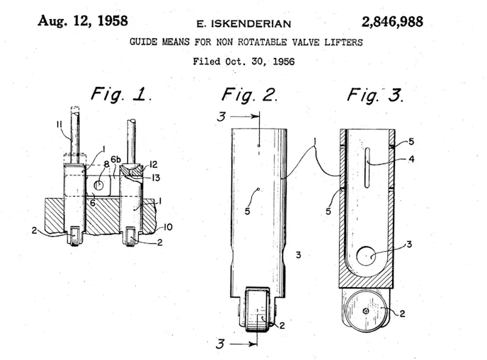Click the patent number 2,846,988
pos(382,21)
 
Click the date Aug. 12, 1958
pos(83,21)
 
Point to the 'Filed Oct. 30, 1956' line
pos(243,61)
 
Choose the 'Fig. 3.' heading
pos(374,95)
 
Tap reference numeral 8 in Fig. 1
pos(105,164)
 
